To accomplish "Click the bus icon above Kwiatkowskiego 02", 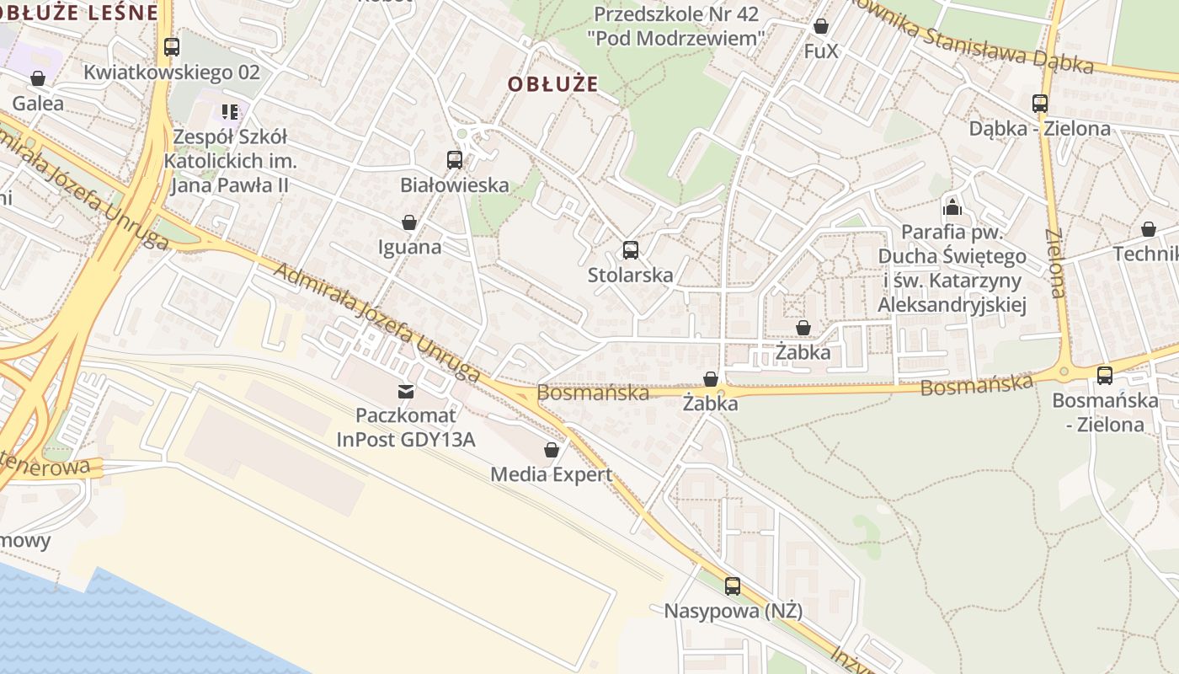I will tap(172, 46).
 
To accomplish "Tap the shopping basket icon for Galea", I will tap(38, 78).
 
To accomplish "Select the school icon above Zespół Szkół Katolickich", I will tap(230, 111).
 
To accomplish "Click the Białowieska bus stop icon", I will tap(455, 159).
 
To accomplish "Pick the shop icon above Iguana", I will tap(409, 222).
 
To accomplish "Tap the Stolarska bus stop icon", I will tap(631, 249).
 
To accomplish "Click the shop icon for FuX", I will tap(821, 26).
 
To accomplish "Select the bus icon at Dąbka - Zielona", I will tap(1040, 104).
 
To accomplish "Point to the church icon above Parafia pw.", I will tap(952, 206).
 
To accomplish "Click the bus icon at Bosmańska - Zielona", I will tap(1105, 375).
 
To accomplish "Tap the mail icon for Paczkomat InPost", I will tap(406, 391).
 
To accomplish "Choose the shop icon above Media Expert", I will tap(552, 450).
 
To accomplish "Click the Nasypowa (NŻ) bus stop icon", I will tap(733, 586).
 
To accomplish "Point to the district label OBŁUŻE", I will tap(552, 84).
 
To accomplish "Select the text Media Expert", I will tap(552, 474).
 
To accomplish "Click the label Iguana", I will tap(409, 247).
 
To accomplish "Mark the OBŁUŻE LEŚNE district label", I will tap(79, 12).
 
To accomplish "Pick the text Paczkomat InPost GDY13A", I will tap(406, 427).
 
